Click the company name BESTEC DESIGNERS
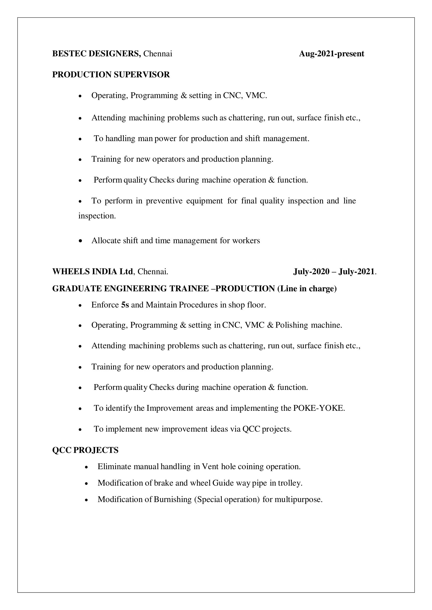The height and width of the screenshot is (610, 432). (x=97, y=54)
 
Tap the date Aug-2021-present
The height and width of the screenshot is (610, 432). (x=331, y=54)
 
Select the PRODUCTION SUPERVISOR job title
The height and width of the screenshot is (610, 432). (x=111, y=75)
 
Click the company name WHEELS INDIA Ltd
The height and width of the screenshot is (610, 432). (x=92, y=271)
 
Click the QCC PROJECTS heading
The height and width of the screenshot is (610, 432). (x=85, y=450)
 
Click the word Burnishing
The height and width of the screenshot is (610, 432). (x=173, y=499)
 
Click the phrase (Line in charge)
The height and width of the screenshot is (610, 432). (x=307, y=288)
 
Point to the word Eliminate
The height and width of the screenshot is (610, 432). (x=114, y=467)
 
